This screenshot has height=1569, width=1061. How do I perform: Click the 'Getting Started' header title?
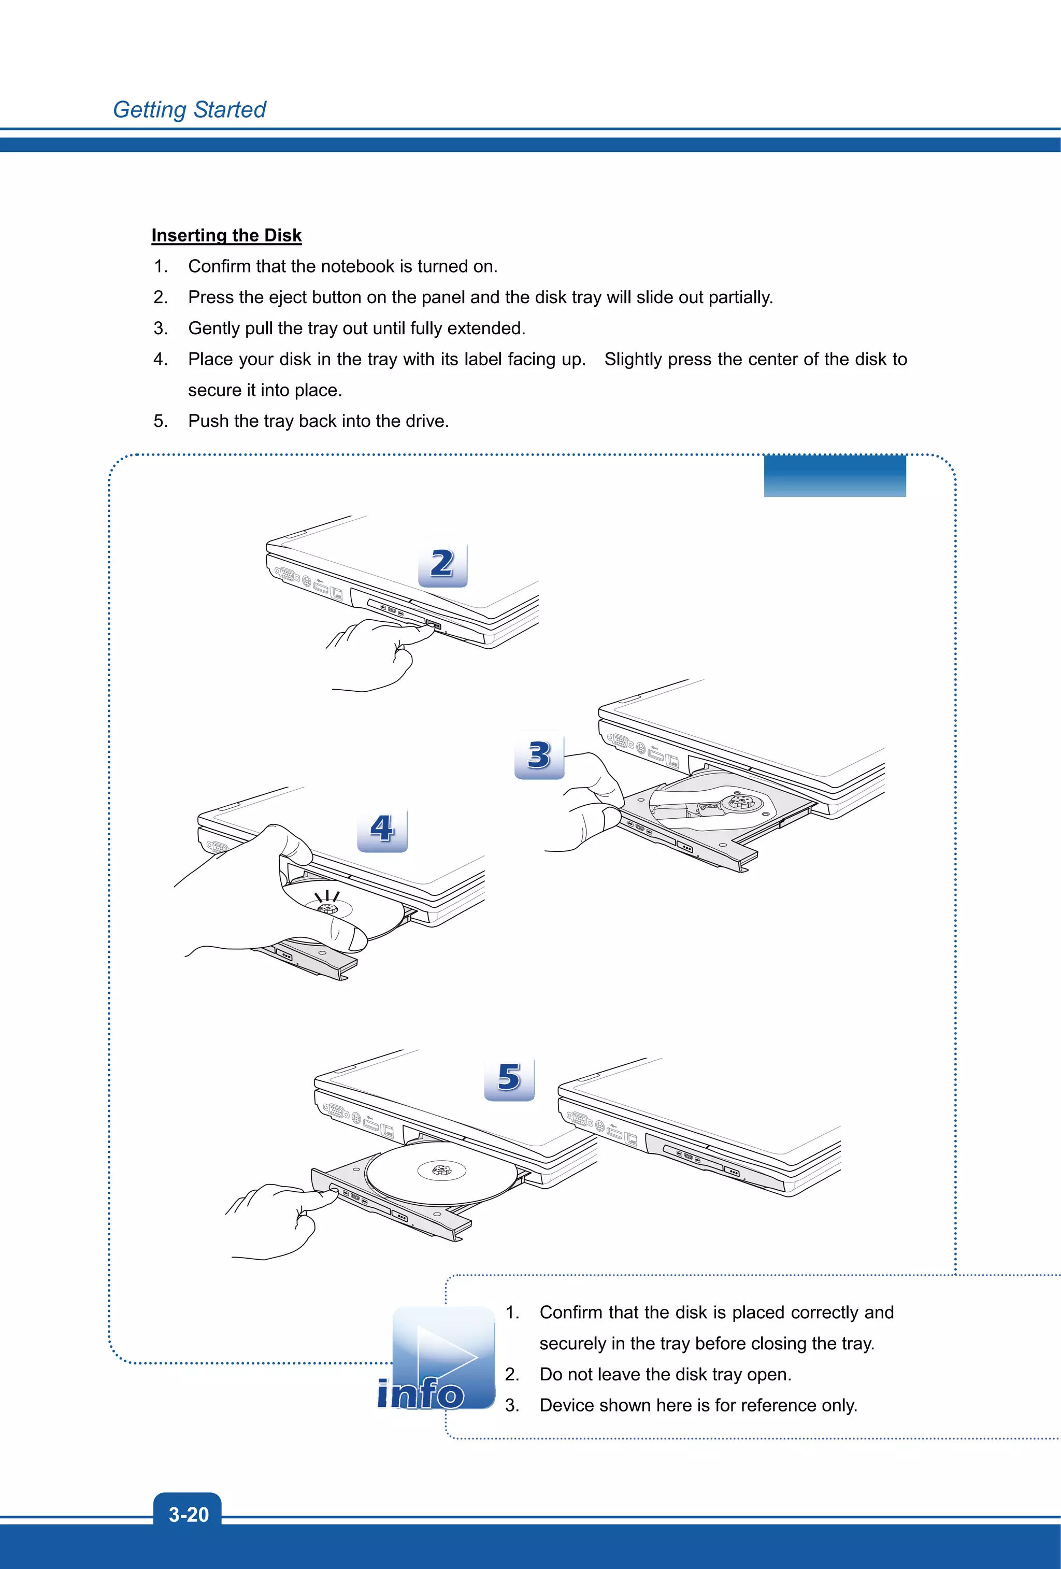click(x=189, y=109)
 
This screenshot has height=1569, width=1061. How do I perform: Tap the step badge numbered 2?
click(x=443, y=563)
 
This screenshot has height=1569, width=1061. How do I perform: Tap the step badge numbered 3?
click(x=539, y=755)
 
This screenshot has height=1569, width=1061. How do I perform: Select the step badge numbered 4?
click(x=382, y=829)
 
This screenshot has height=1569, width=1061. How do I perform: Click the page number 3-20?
click(x=188, y=1514)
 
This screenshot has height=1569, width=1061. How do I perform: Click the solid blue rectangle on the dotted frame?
click(x=834, y=476)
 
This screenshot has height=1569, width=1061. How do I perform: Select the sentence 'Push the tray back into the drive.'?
click(x=318, y=421)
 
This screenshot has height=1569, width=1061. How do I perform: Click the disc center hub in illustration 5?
click(x=441, y=1169)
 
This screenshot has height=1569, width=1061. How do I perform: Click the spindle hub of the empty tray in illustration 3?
click(x=741, y=802)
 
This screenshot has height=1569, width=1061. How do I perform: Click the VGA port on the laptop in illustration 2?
click(x=287, y=575)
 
